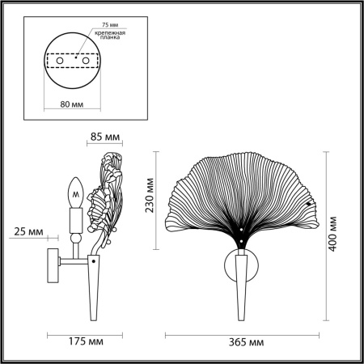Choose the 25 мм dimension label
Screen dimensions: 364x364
(29, 233)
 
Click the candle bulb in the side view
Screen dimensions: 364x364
(75, 192)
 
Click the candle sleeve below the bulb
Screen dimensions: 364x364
(75, 218)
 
